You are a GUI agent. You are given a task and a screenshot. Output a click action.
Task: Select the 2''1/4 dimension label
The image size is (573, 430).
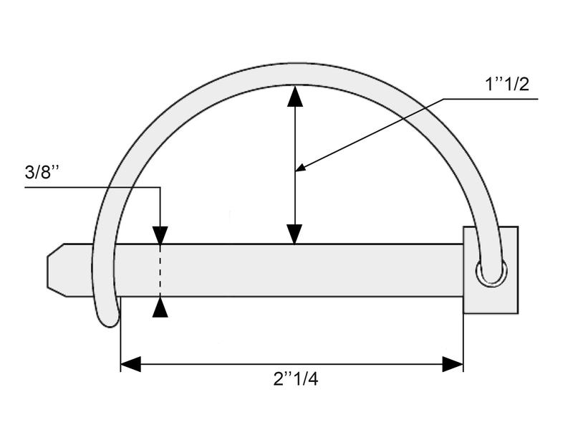pyautogui.click(x=295, y=380)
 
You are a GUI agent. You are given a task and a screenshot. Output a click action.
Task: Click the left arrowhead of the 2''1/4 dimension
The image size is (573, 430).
pyautogui.click(x=130, y=364)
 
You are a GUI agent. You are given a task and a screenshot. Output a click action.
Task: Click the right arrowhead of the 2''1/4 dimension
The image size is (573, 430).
pyautogui.click(x=453, y=364)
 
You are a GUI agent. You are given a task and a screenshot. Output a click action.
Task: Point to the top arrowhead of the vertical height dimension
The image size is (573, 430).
pyautogui.click(x=294, y=96)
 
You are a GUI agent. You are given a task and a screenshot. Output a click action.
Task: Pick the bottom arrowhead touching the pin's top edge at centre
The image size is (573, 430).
pyautogui.click(x=294, y=234)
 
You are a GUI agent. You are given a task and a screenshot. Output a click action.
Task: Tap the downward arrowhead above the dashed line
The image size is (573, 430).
pyautogui.click(x=160, y=235)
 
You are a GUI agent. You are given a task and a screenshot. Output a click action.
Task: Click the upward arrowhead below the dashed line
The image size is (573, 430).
pyautogui.click(x=160, y=307)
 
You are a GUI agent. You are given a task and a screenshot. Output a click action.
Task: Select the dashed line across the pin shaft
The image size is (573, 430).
pyautogui.click(x=160, y=270)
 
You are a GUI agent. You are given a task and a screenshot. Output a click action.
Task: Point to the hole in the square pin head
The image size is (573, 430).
pyautogui.click(x=493, y=273)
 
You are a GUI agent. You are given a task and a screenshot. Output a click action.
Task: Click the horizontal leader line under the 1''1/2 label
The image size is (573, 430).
pyautogui.click(x=494, y=100)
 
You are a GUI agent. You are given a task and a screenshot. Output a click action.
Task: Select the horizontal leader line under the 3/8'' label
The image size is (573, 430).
pyautogui.click(x=93, y=188)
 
